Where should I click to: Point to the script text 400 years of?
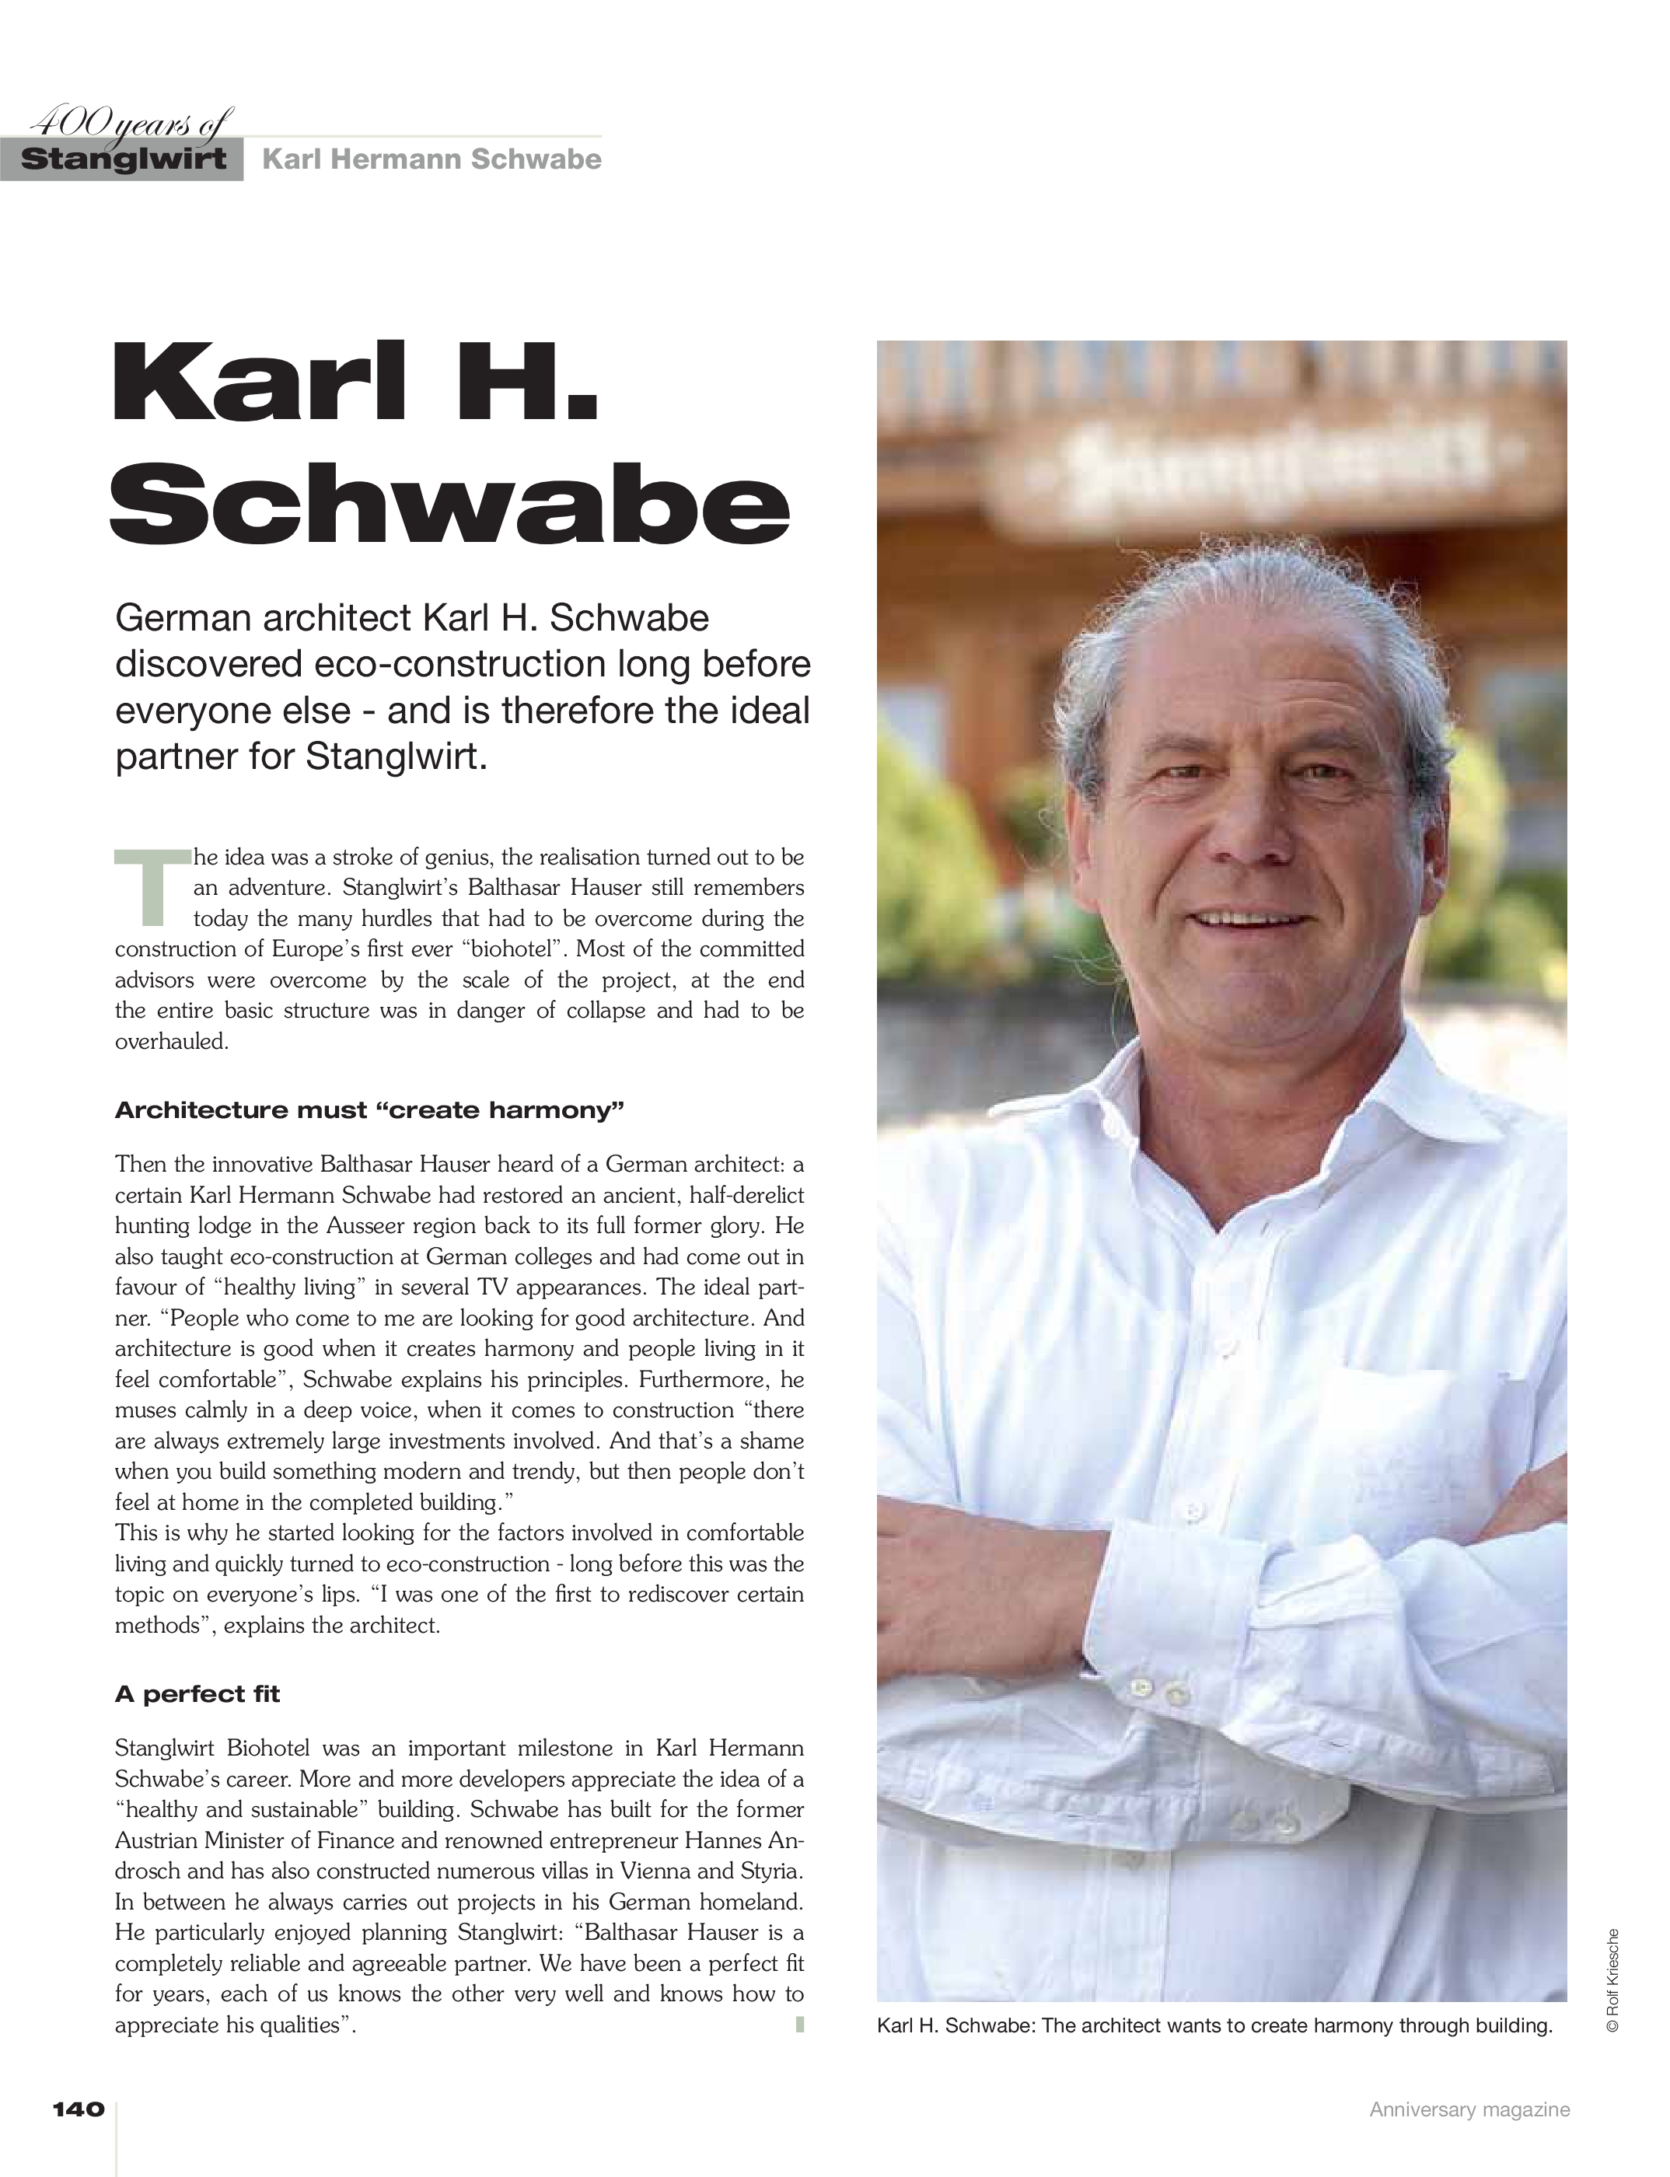[129, 124]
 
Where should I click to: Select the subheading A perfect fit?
[197, 1694]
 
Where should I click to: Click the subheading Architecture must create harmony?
[369, 1110]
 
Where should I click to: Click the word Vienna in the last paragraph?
[656, 1871]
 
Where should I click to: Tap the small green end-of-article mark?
[799, 2024]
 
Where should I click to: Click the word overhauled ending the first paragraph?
[172, 1043]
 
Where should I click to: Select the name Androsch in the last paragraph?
[149, 1871]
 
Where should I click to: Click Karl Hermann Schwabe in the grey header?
[431, 160]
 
